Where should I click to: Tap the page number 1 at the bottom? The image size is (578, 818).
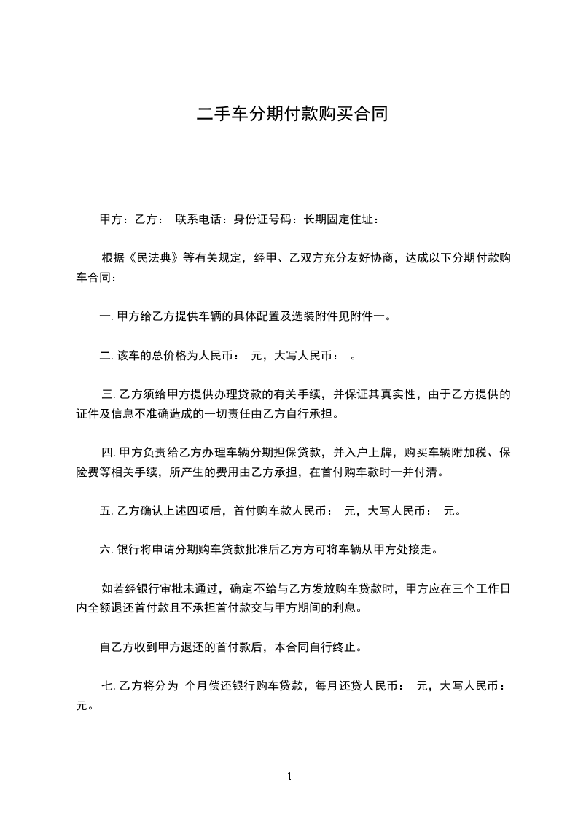point(289,776)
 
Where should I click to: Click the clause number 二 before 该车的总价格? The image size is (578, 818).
point(104,356)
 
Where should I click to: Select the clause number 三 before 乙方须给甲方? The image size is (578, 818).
point(107,394)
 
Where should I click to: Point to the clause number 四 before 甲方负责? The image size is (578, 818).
point(107,452)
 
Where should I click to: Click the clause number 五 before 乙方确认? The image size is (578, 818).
point(104,510)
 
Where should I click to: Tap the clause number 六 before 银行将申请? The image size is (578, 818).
point(104,549)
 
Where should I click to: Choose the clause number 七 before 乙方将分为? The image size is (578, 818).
point(107,685)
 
